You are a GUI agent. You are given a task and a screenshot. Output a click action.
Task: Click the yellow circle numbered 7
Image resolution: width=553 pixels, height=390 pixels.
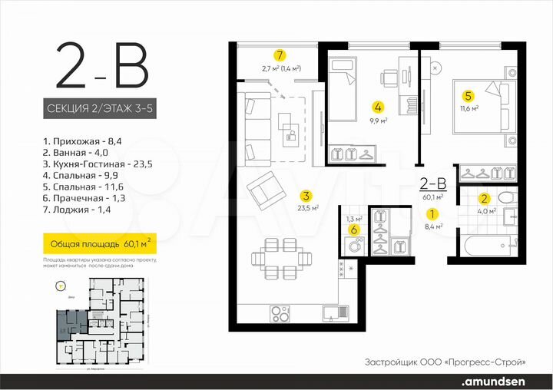point(280,55)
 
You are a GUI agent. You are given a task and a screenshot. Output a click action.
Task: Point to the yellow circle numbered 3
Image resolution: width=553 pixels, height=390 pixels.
point(306,195)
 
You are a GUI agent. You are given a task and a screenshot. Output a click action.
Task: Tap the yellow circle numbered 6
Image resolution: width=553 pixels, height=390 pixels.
point(353,230)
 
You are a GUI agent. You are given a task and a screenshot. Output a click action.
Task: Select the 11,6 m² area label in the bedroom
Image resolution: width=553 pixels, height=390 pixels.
point(469,108)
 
